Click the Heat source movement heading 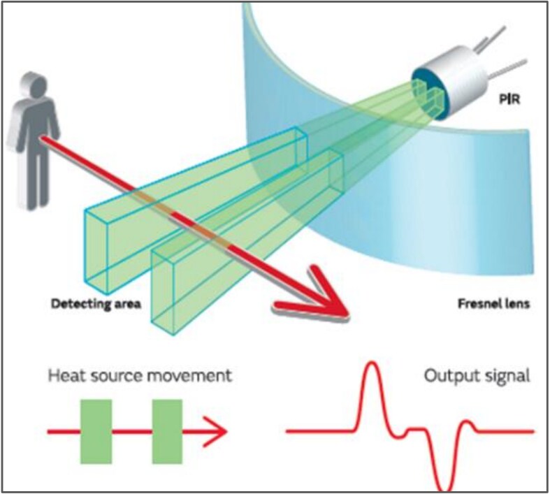click(x=139, y=375)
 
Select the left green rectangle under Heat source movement click(x=95, y=431)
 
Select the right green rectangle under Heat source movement click(x=167, y=431)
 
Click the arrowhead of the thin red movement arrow click(x=219, y=431)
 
